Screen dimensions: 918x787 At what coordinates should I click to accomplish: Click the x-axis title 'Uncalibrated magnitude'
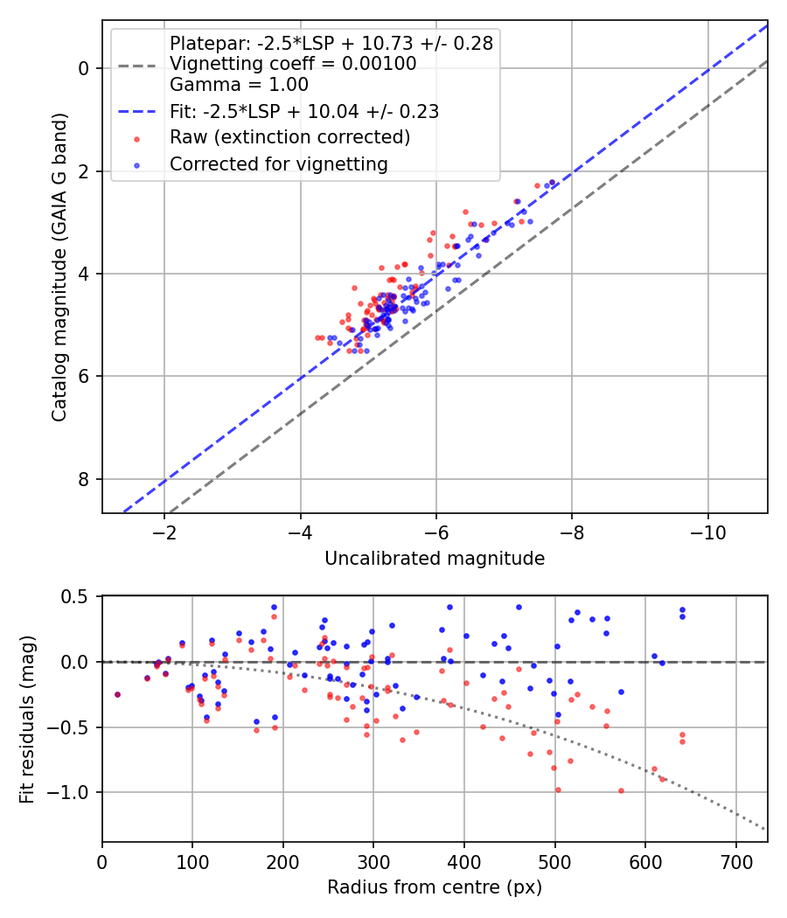pyautogui.click(x=435, y=559)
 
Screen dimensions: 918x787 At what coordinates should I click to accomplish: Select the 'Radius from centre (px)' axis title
pyautogui.click(x=435, y=887)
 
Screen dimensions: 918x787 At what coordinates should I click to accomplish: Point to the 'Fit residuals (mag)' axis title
pyautogui.click(x=27, y=718)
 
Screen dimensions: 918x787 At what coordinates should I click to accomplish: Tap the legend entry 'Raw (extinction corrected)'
pyautogui.click(x=289, y=137)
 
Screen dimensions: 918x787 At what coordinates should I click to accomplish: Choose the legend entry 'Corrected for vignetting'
pyautogui.click(x=278, y=163)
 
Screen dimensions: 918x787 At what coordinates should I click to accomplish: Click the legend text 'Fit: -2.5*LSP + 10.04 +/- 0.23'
pyautogui.click(x=304, y=112)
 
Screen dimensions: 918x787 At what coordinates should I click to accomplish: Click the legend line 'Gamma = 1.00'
pyautogui.click(x=239, y=85)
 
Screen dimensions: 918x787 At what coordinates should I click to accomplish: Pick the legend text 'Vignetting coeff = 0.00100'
pyautogui.click(x=293, y=64)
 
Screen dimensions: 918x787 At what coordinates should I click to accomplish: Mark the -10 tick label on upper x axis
pyautogui.click(x=708, y=534)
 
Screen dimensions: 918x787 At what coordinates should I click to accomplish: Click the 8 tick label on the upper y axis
pyautogui.click(x=85, y=479)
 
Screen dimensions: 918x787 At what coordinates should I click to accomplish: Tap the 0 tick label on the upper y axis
pyautogui.click(x=85, y=68)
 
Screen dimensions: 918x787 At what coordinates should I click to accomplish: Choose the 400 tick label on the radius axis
pyautogui.click(x=464, y=863)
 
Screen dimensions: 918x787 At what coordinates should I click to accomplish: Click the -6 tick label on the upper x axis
pyautogui.click(x=436, y=534)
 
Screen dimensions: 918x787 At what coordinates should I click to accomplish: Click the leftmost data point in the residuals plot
pyautogui.click(x=117, y=694)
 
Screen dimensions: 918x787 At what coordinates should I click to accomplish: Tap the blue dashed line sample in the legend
pyautogui.click(x=138, y=112)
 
